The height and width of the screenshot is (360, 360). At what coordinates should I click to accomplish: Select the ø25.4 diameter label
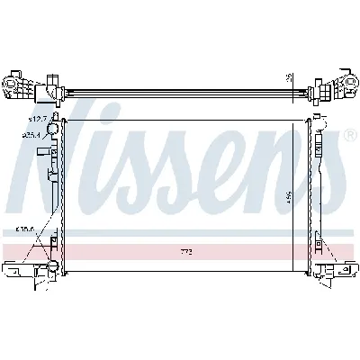click(34, 135)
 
